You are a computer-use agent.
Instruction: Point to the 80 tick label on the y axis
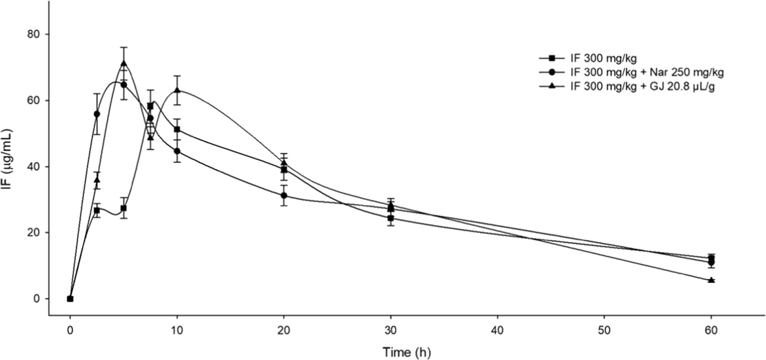(35, 34)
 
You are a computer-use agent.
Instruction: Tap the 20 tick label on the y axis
(35, 233)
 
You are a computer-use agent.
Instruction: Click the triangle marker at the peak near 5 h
(124, 64)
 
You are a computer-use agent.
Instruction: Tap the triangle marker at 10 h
(177, 91)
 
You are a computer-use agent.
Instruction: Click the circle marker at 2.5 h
(97, 114)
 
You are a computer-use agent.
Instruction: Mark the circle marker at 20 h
(284, 195)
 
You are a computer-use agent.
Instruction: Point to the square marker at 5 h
(124, 209)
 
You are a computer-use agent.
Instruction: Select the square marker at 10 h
(177, 129)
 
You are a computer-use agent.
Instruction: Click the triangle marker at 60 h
(711, 280)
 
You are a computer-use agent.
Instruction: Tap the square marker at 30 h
(390, 218)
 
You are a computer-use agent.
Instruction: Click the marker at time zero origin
(70, 299)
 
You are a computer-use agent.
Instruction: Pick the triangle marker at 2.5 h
(97, 180)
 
